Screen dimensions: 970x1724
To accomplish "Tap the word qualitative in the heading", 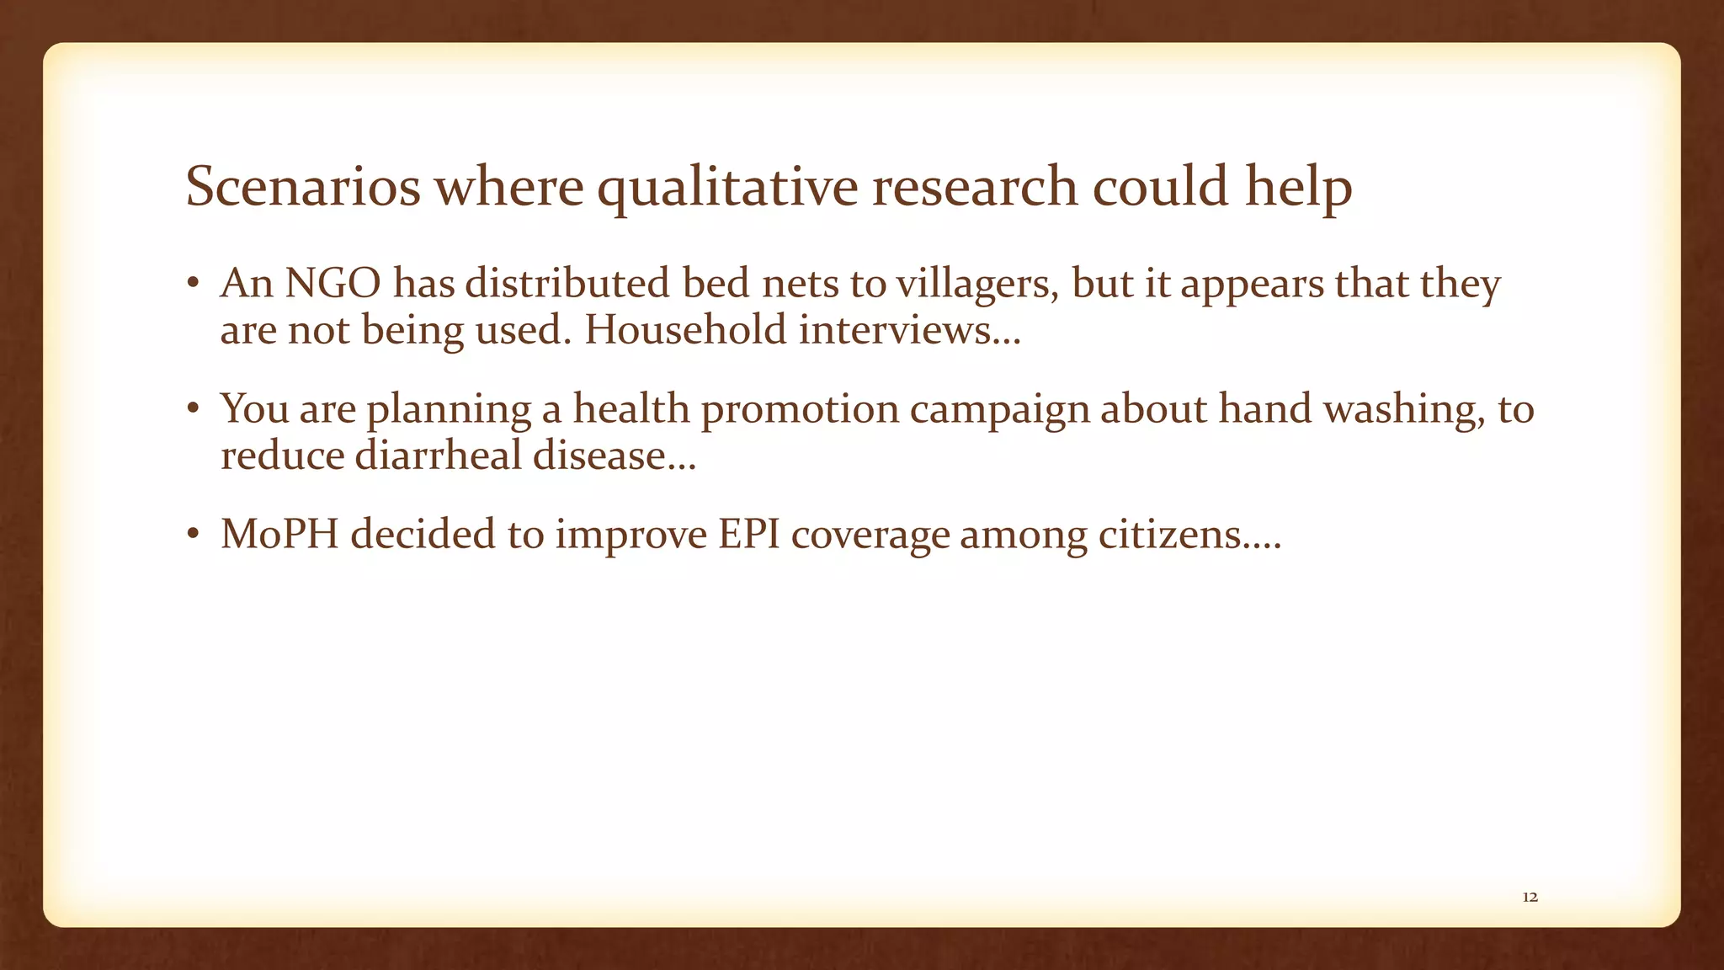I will pyautogui.click(x=727, y=188).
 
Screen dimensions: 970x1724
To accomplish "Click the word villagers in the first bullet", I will pyautogui.click(x=976, y=285).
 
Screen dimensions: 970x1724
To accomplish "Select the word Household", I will pyautogui.click(x=685, y=329).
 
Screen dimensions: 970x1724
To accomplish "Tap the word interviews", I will pyautogui.click(x=908, y=329).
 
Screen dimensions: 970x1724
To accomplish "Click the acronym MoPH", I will pyautogui.click(x=279, y=534).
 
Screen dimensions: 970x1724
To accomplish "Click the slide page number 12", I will pyautogui.click(x=1530, y=898).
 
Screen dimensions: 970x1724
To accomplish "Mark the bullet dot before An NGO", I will pyautogui.click(x=193, y=285).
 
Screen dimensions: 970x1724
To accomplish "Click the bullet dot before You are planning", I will pyautogui.click(x=193, y=410).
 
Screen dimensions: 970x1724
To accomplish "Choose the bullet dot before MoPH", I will pyautogui.click(x=193, y=535).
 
